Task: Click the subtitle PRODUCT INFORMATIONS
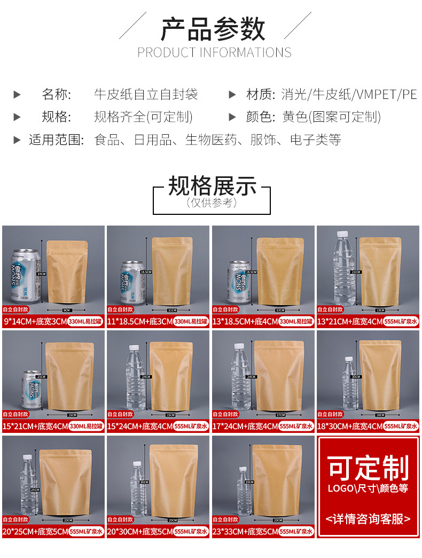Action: pyautogui.click(x=214, y=52)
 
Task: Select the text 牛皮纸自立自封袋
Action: pyautogui.click(x=146, y=95)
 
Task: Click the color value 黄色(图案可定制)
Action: pyautogui.click(x=331, y=117)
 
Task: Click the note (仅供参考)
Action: pyautogui.click(x=212, y=203)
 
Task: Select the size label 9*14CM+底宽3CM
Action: pyautogui.click(x=34, y=321)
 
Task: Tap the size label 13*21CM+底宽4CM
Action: pyautogui.click(x=349, y=321)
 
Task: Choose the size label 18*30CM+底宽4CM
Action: pyautogui.click(x=349, y=426)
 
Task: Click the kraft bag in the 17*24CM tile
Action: pyautogui.click(x=279, y=374)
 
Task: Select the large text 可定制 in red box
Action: pyautogui.click(x=368, y=468)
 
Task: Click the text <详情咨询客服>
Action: pyautogui.click(x=368, y=518)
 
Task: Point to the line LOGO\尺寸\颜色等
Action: pyautogui.click(x=368, y=489)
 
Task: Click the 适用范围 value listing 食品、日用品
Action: pyautogui.click(x=217, y=140)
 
